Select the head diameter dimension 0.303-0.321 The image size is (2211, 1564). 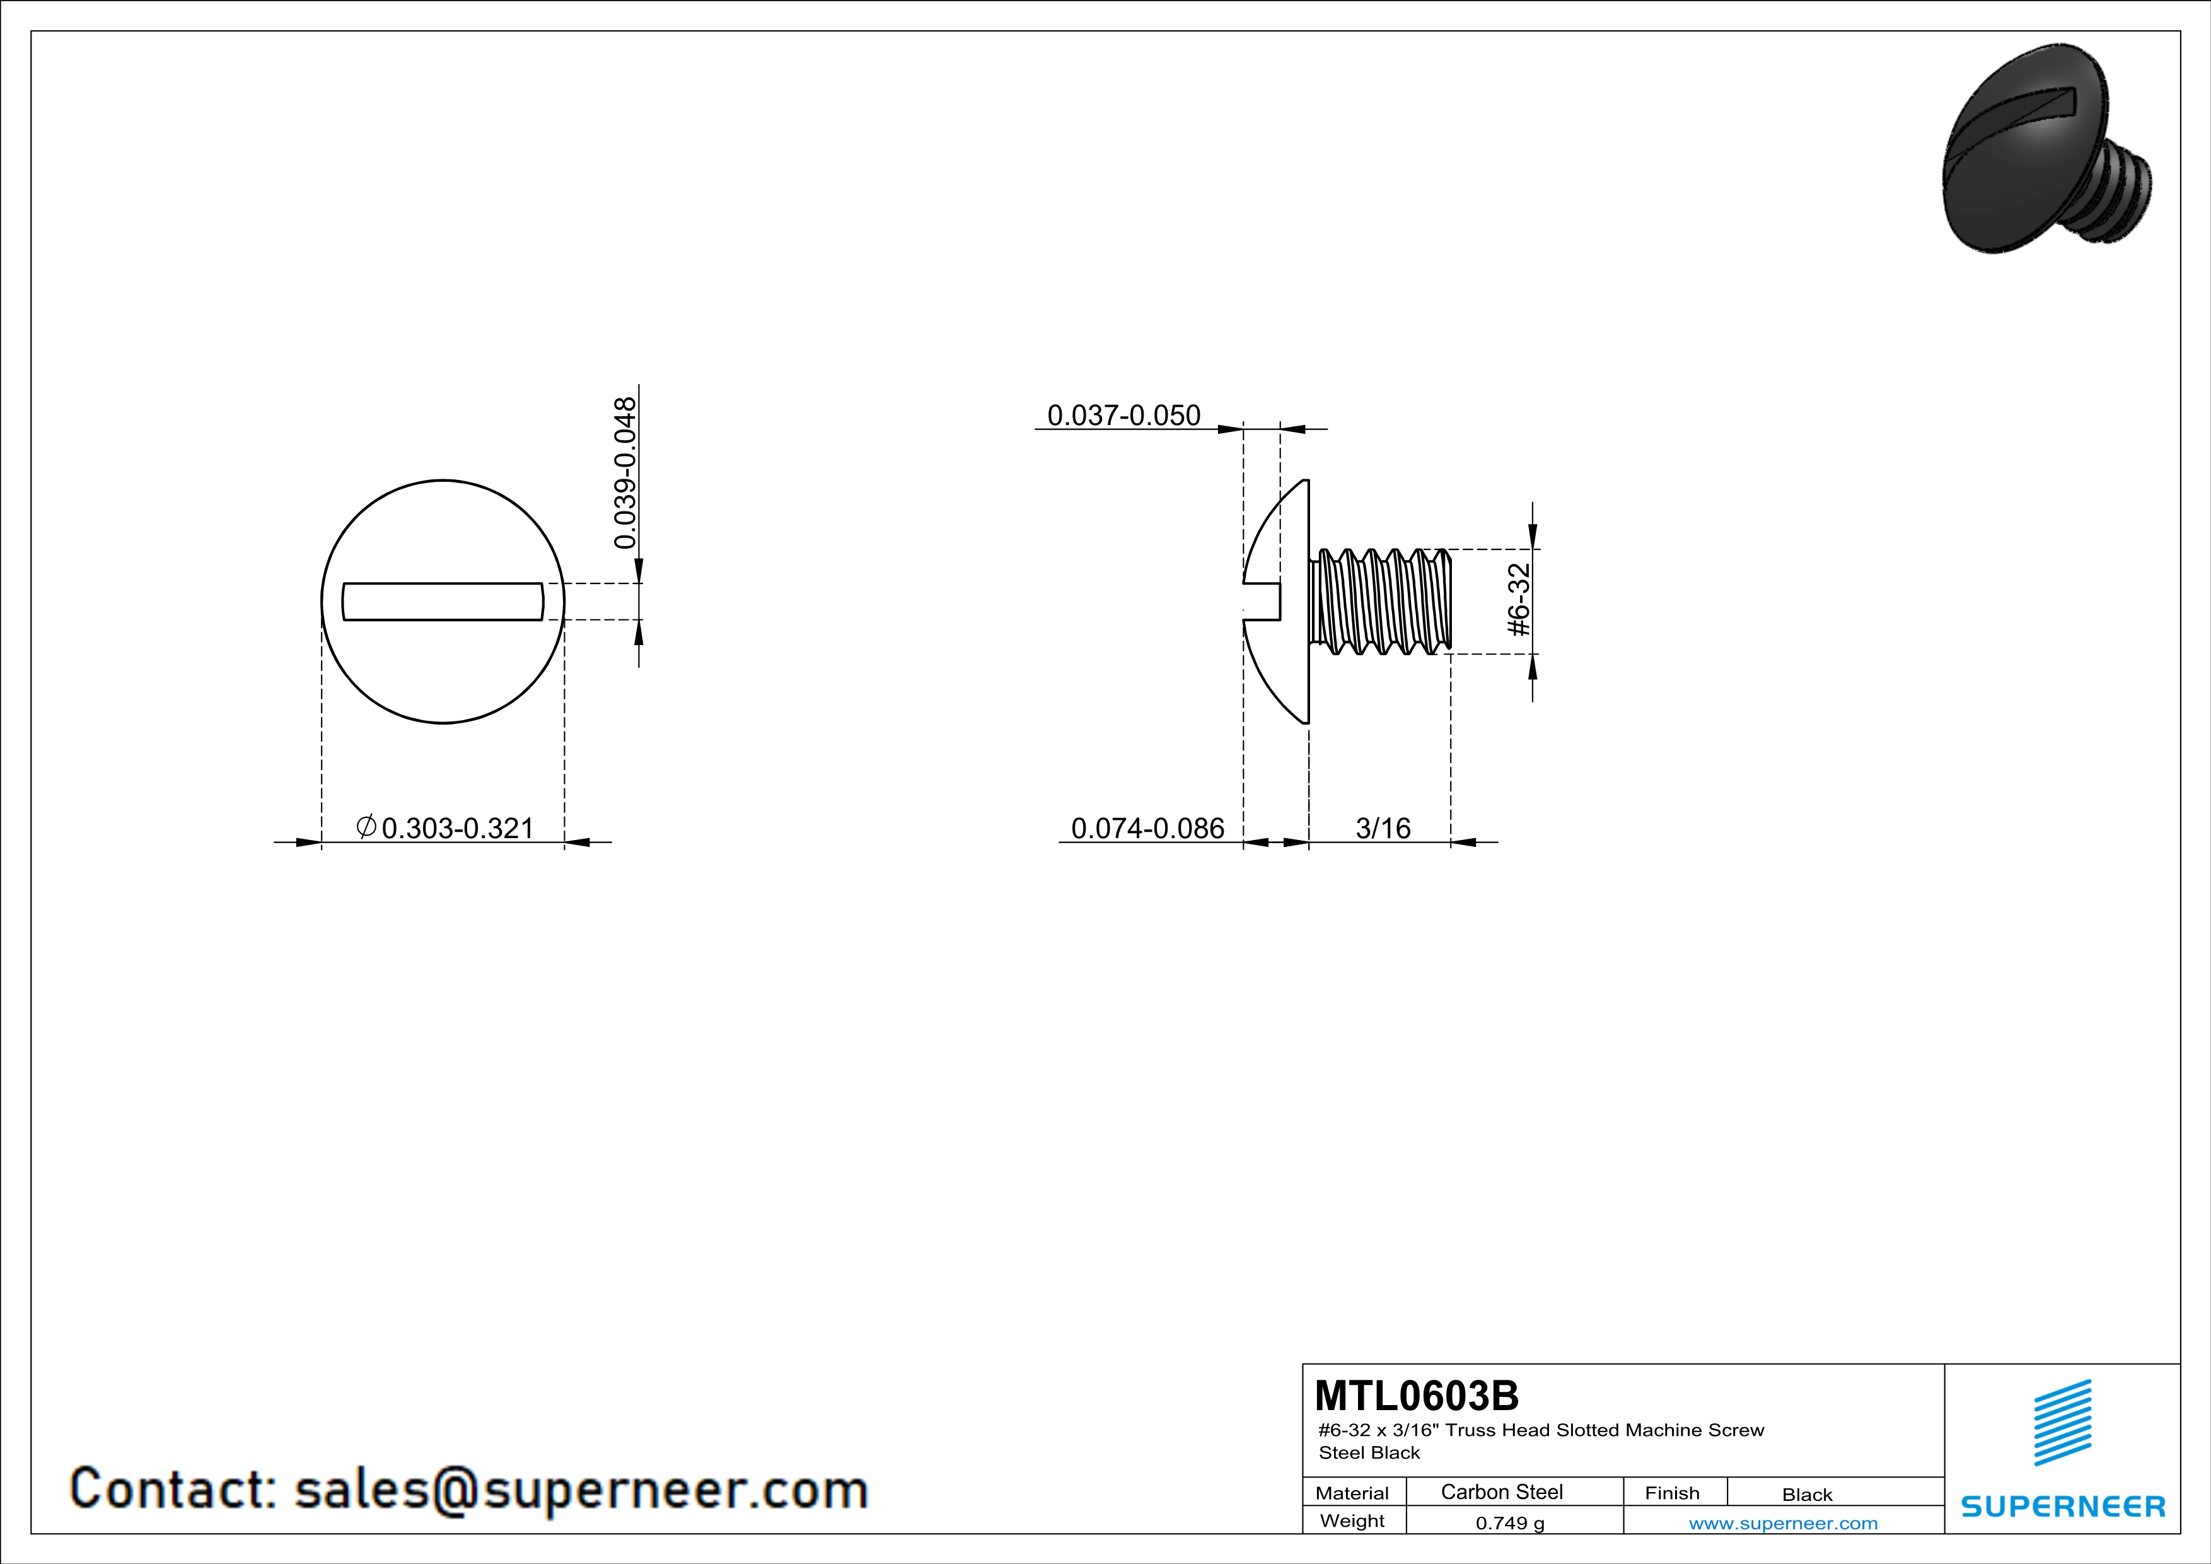coord(458,828)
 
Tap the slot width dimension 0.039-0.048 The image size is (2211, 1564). coord(625,473)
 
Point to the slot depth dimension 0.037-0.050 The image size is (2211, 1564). coord(1124,415)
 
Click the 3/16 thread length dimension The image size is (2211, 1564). coord(1383,828)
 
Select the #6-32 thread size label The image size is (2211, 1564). coord(1519,600)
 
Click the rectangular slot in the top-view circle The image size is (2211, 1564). coord(443,602)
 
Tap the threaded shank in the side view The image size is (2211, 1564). coord(1380,601)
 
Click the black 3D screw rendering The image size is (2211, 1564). coord(2046,150)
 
